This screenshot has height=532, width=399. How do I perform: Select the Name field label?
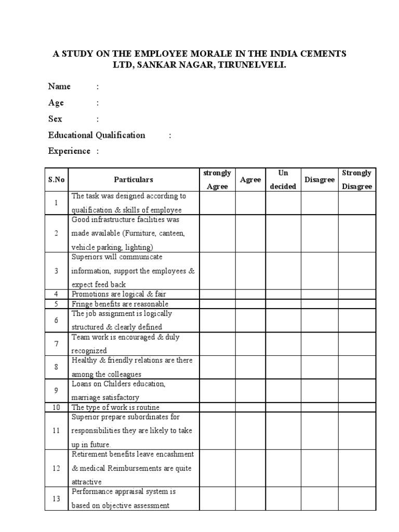tap(59, 86)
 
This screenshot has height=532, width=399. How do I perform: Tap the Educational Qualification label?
tap(97, 135)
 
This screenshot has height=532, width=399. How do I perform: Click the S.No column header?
tap(56, 180)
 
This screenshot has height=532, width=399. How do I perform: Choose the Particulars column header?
tap(134, 180)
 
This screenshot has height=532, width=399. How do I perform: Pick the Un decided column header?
tap(283, 180)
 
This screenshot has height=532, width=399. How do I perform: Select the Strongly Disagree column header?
tap(357, 180)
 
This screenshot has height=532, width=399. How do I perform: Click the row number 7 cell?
tap(56, 344)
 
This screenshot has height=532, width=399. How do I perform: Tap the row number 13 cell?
tap(56, 499)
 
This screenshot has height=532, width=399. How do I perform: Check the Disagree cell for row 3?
tap(319, 271)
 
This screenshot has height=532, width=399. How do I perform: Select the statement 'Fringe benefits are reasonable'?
tap(120, 304)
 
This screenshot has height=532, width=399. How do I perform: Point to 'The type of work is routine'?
tap(115, 407)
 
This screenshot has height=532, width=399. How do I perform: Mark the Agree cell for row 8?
tap(250, 367)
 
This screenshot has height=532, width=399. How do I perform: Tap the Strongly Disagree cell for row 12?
tap(357, 468)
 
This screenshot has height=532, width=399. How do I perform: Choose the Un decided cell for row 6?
tap(283, 321)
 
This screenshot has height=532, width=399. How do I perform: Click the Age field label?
tap(56, 103)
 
